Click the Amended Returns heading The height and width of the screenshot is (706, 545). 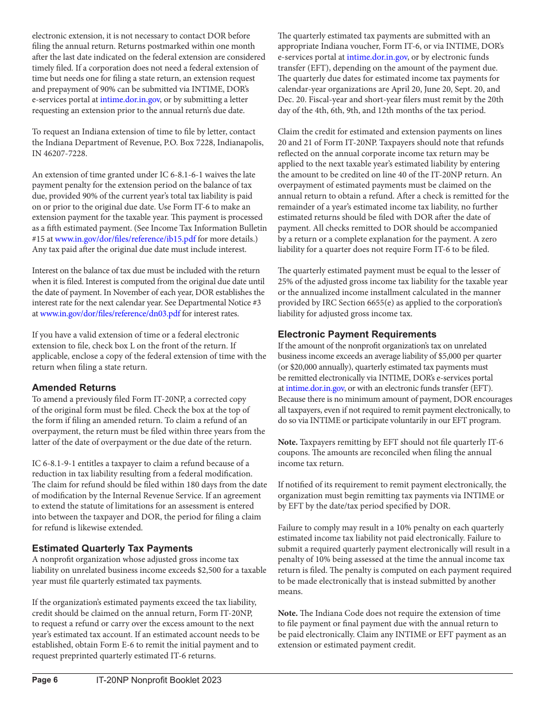tap(74, 387)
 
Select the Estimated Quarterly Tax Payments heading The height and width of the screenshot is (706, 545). tap(112, 548)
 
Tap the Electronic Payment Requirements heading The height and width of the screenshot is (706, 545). tap(357, 334)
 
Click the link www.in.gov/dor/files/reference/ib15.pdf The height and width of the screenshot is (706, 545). tap(125, 239)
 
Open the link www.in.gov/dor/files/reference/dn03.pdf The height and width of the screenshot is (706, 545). tap(110, 313)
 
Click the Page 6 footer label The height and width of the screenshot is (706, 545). tap(45, 680)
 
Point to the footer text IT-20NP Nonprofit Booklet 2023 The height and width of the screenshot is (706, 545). tap(158, 680)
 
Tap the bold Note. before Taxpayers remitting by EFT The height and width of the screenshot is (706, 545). tap(287, 442)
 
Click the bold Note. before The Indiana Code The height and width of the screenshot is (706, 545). tap(287, 613)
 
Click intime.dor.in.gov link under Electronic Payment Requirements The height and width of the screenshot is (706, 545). tap(315, 388)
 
